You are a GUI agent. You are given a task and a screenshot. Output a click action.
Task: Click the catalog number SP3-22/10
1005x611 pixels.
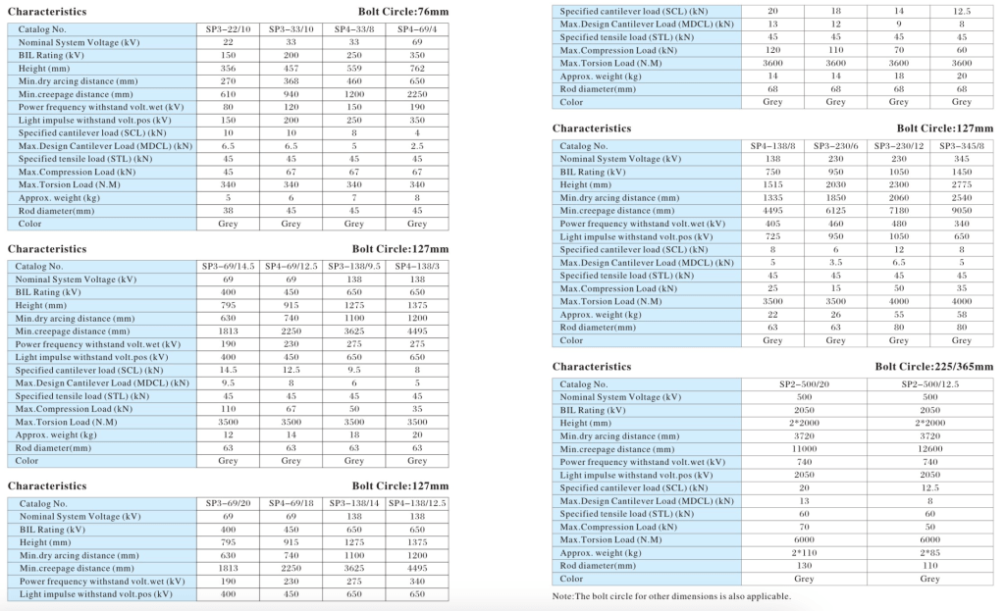[228, 30]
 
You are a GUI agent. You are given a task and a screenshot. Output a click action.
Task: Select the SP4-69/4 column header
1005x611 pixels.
[417, 30]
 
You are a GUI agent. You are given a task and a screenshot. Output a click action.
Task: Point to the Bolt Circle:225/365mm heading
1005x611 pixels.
[934, 367]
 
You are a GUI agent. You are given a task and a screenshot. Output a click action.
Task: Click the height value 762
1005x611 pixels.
[417, 69]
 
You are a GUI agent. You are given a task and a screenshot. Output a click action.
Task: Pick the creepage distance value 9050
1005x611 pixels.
[961, 211]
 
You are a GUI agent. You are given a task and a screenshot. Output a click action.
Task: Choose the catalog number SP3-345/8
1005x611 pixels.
[961, 146]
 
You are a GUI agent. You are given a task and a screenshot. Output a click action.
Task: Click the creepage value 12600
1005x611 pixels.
[930, 449]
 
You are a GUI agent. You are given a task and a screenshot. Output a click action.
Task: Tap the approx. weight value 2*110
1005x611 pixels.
[804, 553]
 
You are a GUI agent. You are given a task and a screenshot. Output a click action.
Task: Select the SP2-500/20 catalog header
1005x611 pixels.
[804, 384]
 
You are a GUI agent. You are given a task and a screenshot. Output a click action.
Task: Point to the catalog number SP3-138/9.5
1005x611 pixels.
[354, 267]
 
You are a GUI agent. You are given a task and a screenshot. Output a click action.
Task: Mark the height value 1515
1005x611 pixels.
[772, 184]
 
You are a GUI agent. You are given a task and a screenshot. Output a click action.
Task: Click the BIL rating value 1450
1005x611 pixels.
[961, 172]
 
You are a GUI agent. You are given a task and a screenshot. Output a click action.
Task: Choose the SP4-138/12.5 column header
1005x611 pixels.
[417, 504]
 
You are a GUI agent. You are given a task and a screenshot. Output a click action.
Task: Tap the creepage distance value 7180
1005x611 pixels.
[898, 211]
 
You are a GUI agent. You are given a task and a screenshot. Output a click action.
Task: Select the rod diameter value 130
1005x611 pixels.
[804, 566]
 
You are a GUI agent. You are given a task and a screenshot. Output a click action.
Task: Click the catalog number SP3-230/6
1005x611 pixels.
[835, 146]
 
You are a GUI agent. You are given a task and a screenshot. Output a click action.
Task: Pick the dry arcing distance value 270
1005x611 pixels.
[228, 81]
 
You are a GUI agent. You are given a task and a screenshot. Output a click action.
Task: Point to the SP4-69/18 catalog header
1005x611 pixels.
[291, 504]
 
